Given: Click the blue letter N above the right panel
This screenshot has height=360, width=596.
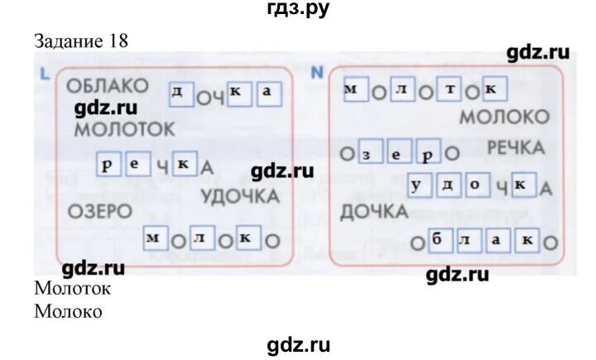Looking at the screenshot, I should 315,72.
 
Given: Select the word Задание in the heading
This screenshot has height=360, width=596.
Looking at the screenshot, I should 70,41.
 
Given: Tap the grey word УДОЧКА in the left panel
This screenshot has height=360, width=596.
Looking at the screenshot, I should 239,197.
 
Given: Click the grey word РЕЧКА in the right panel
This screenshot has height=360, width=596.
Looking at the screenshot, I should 515,148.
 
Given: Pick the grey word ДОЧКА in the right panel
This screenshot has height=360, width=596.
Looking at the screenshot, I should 373,213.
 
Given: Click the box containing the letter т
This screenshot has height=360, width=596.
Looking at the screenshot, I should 448,89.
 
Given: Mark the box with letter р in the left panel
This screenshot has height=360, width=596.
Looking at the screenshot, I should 108,164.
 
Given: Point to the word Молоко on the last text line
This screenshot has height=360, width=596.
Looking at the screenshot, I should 69,312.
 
